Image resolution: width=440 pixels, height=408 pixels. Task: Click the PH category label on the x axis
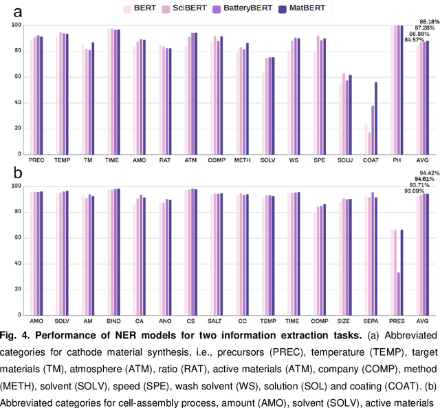[x=398, y=160]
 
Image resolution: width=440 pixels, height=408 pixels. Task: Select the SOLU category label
[x=346, y=160]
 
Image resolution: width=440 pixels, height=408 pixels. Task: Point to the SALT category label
[x=217, y=321]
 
